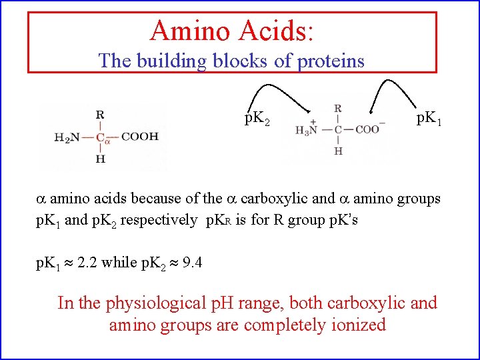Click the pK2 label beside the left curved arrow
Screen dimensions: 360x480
pos(257,121)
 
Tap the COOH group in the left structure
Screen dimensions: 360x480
pos(140,137)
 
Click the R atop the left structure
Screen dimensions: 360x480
pos(100,115)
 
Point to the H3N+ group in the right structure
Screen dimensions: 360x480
pos(307,129)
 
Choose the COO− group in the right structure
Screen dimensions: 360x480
pos(369,129)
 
